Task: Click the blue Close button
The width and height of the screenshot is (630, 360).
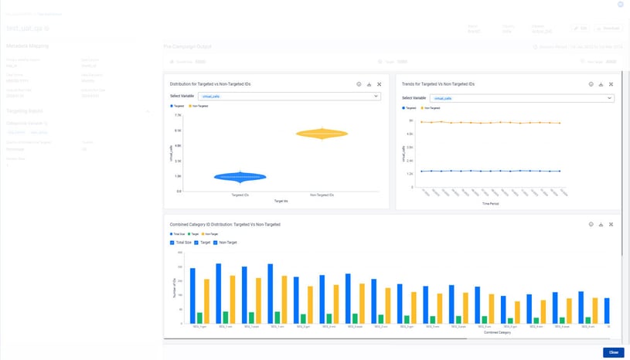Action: (x=613, y=352)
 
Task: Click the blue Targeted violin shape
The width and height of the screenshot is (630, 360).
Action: (x=240, y=177)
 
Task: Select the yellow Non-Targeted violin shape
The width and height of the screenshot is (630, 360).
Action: (x=322, y=134)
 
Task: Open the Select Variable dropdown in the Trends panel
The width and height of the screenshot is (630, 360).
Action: (x=522, y=98)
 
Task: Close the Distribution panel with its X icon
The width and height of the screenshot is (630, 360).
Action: (x=379, y=83)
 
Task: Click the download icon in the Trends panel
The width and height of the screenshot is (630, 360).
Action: (x=601, y=83)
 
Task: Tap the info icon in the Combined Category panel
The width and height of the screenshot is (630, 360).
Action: (x=591, y=224)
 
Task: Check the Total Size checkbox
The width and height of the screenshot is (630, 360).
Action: (x=172, y=242)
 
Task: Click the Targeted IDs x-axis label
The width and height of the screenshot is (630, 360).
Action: (x=240, y=195)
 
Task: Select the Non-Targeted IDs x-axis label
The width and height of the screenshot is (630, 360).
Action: (x=322, y=195)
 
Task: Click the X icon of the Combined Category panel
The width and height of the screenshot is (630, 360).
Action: (x=611, y=224)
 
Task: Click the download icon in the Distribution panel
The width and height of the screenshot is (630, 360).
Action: (x=369, y=83)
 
